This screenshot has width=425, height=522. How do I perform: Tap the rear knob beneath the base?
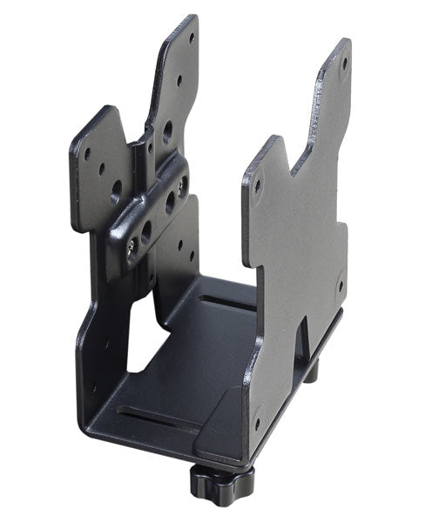311,371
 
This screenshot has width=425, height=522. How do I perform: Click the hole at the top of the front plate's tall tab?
343,63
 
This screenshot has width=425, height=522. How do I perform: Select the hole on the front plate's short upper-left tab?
258,184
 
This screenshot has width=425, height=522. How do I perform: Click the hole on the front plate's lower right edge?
340,284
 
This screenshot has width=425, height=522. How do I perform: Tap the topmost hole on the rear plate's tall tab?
192,37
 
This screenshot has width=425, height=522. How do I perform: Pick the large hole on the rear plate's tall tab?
167,132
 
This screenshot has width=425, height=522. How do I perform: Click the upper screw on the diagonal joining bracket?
181,185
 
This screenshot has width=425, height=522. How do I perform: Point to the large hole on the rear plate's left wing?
116,186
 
